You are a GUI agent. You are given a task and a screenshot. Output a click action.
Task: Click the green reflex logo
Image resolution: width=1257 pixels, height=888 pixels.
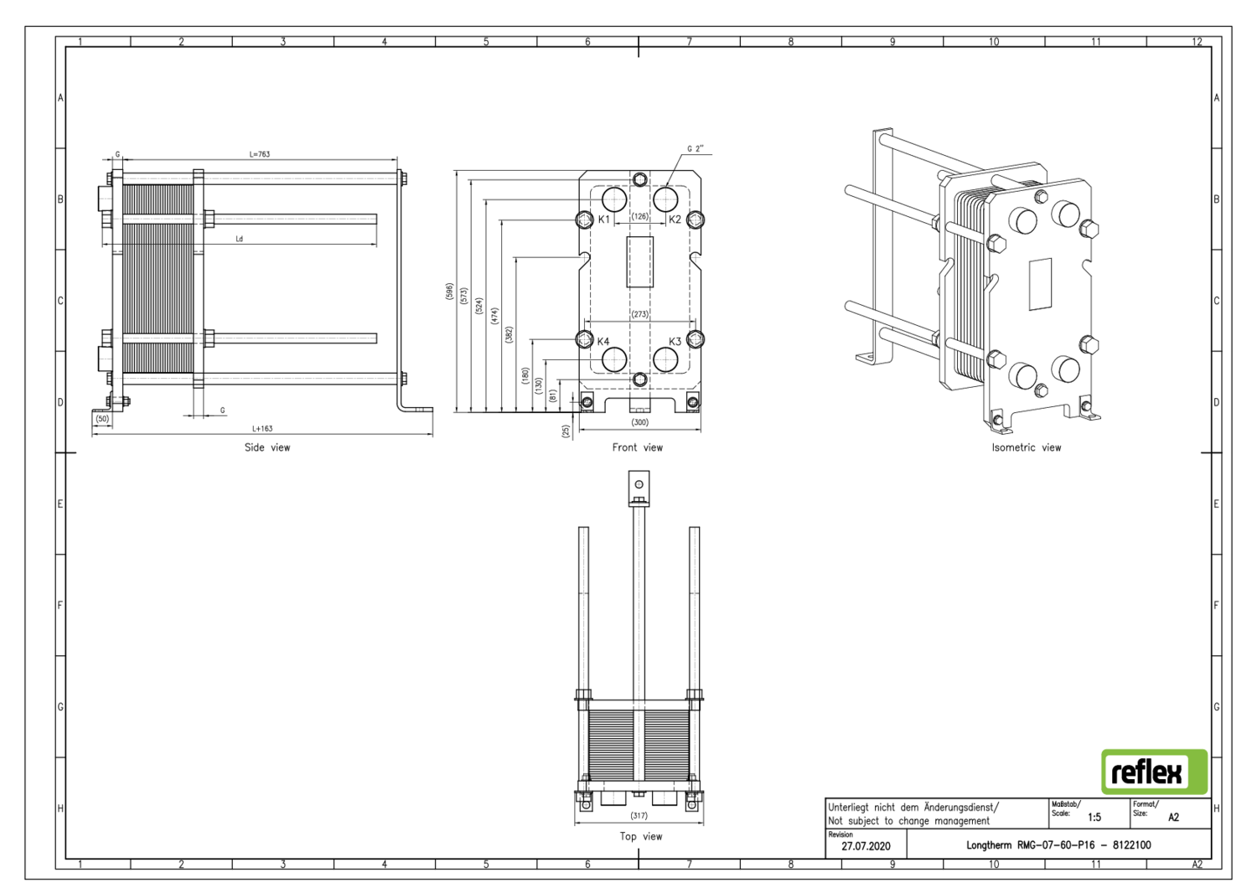point(1154,772)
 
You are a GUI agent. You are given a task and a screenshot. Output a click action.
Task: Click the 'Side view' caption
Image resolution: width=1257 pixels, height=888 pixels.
point(267,447)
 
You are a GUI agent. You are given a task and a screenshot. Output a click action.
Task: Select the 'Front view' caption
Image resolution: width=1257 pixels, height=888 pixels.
point(637,447)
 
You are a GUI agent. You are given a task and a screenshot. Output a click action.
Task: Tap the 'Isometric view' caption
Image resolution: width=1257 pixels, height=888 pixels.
point(1026,447)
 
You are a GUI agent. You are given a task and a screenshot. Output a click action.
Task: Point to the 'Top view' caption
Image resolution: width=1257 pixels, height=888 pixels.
point(640,836)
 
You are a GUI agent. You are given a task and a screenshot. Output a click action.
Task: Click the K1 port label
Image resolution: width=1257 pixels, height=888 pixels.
point(604,219)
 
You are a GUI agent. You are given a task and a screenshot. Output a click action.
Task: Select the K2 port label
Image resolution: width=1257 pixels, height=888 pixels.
point(675,219)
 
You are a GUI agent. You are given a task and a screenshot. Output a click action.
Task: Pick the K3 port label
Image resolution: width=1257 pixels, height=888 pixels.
point(675,342)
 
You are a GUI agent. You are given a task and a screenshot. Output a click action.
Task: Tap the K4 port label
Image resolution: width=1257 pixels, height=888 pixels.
point(603,342)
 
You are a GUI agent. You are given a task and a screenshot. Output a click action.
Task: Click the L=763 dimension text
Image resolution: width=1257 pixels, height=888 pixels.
point(260,154)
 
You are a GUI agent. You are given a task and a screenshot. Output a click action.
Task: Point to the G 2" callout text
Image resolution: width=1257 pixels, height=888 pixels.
point(696,149)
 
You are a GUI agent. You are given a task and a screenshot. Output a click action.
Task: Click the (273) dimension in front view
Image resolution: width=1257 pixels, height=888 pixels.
point(639,315)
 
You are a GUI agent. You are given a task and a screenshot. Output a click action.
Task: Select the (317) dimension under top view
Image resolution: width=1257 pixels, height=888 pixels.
point(639,815)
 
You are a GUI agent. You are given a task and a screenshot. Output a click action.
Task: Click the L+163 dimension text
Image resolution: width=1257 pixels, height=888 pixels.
point(262,429)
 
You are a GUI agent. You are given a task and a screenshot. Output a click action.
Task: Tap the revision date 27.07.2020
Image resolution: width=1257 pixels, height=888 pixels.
point(866,846)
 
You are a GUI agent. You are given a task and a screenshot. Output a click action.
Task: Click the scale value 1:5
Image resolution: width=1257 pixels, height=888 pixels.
point(1094,817)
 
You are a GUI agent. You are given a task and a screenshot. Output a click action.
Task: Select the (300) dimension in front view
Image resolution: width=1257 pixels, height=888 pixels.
point(639,422)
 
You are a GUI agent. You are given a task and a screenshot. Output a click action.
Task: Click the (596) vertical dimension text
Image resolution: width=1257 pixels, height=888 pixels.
point(450,292)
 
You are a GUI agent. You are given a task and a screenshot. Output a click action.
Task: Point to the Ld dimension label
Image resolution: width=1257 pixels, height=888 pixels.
point(239,239)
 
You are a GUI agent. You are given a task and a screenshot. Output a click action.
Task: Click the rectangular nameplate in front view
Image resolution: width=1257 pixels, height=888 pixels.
point(639,262)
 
